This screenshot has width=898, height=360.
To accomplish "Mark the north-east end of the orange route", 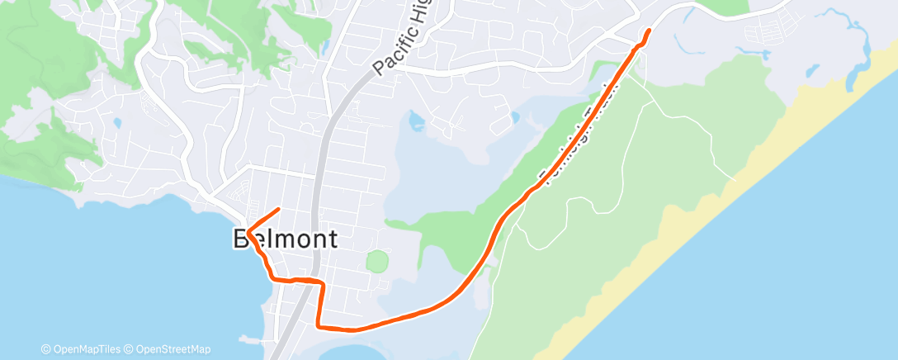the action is tap(648, 31).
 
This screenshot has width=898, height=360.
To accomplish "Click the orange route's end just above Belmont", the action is tap(280, 209).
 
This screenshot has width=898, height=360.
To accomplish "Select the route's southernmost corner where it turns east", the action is tap(319, 326).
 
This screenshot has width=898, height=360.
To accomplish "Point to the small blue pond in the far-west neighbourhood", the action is tap(116, 124).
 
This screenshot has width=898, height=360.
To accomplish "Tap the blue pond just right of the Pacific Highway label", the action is tap(415, 123).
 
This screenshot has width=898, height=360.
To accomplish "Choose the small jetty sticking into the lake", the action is tap(247, 338).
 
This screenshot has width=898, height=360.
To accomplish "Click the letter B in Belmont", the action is tap(243, 239).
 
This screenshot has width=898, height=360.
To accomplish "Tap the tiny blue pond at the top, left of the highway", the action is tap(326, 45).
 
